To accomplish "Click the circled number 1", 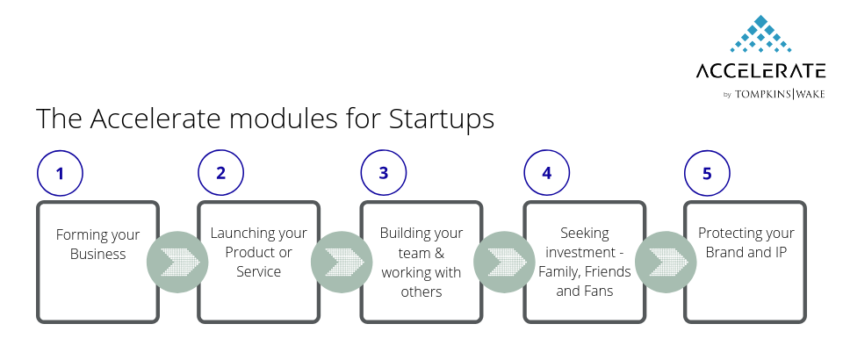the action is [61, 173].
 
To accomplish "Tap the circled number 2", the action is [221, 172].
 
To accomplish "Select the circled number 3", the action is [384, 172].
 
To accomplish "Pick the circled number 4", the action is [547, 172].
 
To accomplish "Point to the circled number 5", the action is [707, 173].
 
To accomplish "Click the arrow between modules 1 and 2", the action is [177, 262].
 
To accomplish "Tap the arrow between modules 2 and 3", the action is [342, 262].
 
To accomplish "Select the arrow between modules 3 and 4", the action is [504, 262].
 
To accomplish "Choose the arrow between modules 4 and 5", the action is [666, 262].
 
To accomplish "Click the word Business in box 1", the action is [97, 254].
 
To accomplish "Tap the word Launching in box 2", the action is [236, 234].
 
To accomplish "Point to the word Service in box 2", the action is [258, 271].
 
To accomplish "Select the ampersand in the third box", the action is [439, 253].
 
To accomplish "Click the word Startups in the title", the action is [442, 119].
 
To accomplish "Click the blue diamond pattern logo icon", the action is [760, 34].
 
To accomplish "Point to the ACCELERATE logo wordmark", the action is [760, 70].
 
